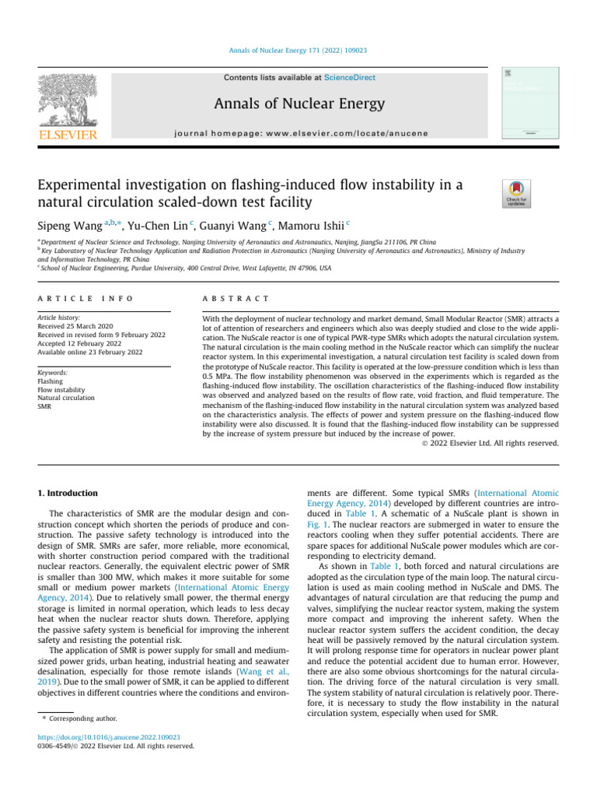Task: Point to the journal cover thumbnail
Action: [x=529, y=103]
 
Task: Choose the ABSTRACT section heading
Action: [x=236, y=299]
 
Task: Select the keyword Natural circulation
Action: [x=65, y=398]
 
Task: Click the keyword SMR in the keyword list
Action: [x=44, y=406]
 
